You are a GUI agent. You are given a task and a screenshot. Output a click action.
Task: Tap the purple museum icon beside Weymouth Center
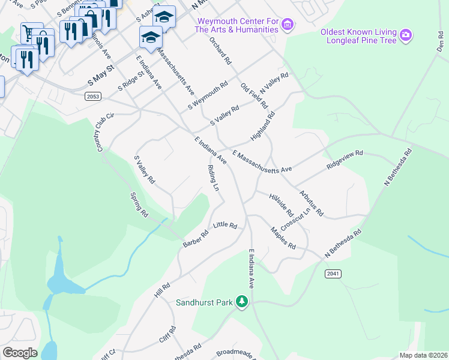pyautogui.click(x=288, y=25)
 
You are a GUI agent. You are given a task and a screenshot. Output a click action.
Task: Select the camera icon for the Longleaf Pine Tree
pyautogui.click(x=406, y=35)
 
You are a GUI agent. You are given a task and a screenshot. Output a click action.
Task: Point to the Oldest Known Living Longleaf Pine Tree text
pyautogui.click(x=359, y=36)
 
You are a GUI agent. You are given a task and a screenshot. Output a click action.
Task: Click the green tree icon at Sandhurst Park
pyautogui.click(x=241, y=301)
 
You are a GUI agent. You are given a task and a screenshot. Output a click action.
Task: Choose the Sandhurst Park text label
pyautogui.click(x=203, y=302)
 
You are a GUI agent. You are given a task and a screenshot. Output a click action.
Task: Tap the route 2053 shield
pyautogui.click(x=93, y=96)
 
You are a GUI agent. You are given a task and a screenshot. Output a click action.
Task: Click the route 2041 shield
pyautogui.click(x=333, y=274)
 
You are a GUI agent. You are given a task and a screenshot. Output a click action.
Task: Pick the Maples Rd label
pyautogui.click(x=283, y=238)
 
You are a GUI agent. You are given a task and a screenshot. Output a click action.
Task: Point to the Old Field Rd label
pyautogui.click(x=254, y=96)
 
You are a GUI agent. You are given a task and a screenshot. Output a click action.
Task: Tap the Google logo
pyautogui.click(x=20, y=353)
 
